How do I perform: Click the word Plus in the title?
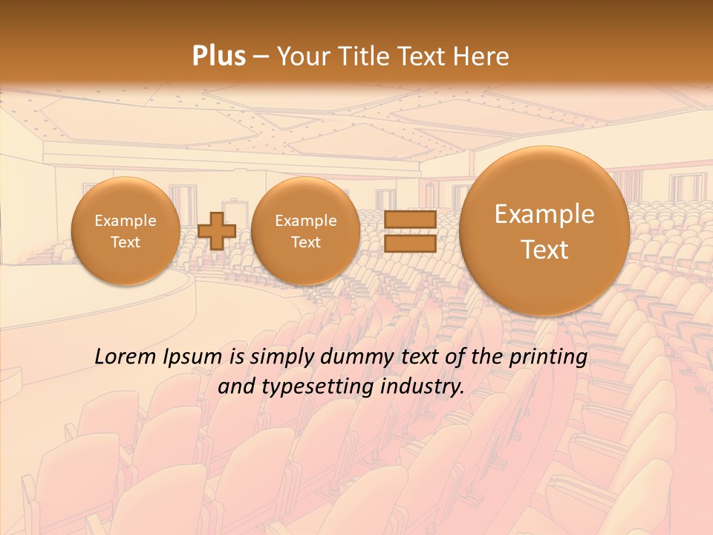pos(219,56)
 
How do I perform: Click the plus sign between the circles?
pos(217,230)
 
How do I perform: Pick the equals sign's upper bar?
pos(410,221)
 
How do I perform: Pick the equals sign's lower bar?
pos(410,244)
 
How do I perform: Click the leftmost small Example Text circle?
pos(125,231)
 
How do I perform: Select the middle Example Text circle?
pos(305,231)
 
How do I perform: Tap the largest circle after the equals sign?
pos(544,231)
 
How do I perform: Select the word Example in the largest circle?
pos(544,214)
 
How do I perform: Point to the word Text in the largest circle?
pos(544,250)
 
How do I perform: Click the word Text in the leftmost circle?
pos(125,242)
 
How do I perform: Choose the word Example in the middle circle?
pos(305,221)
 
